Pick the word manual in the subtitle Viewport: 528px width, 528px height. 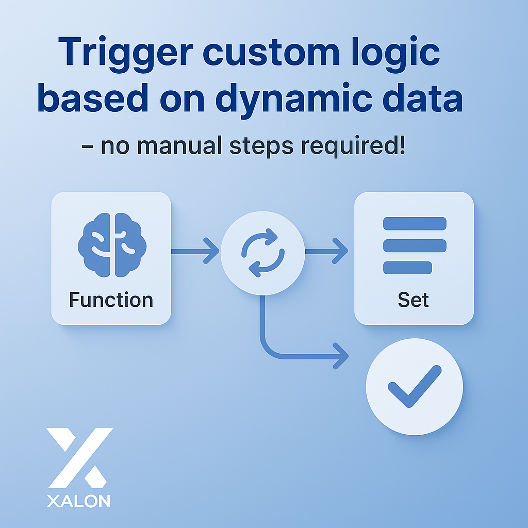[x=175, y=146]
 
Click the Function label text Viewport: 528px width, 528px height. [x=111, y=300]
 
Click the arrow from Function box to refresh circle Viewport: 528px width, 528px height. [x=195, y=251]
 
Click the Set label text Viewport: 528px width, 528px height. [x=414, y=300]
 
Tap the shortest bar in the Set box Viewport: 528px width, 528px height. [x=407, y=268]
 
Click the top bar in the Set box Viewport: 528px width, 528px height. [x=415, y=223]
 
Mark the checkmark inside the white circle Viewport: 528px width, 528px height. [x=415, y=387]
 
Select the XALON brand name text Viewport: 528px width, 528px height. [x=78, y=501]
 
